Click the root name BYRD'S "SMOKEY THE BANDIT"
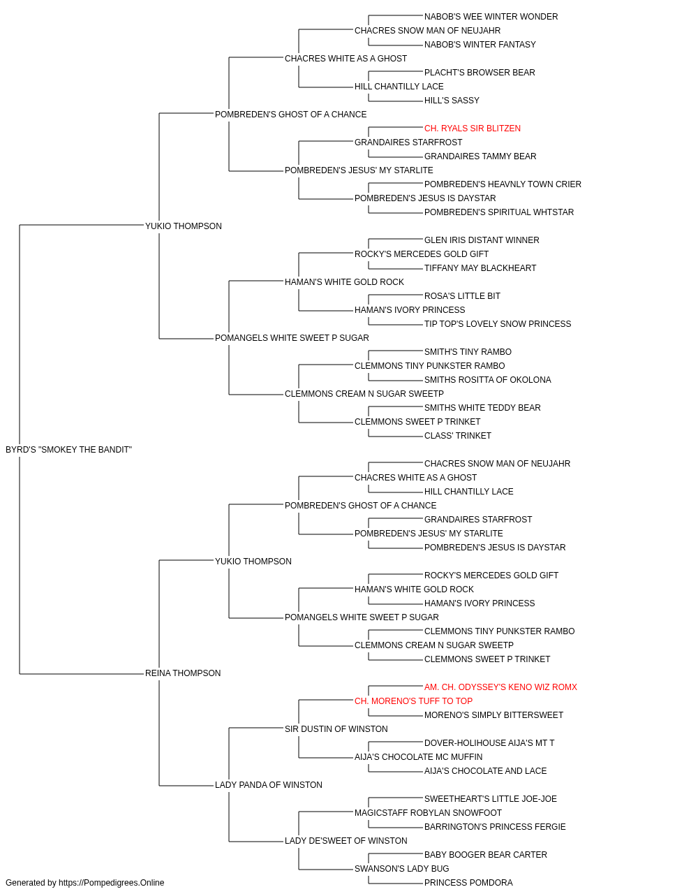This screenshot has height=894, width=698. point(68,450)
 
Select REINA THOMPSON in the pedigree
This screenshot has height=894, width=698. point(183,673)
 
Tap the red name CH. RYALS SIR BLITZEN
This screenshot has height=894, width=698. point(473,129)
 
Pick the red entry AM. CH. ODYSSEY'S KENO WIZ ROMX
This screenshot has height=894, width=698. point(500,687)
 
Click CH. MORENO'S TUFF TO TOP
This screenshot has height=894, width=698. point(413,701)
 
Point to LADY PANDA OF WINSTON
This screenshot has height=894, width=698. point(269,785)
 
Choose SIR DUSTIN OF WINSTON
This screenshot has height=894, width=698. point(336,729)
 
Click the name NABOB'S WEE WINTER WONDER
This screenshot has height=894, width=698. point(491,17)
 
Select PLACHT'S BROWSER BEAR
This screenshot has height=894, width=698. point(480,73)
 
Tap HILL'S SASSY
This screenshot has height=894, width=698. point(452,101)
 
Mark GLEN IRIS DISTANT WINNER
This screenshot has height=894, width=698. point(482,240)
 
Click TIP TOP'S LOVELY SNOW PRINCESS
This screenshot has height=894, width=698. point(498,324)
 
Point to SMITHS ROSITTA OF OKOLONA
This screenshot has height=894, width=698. point(487,380)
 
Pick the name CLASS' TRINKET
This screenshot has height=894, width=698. point(457,436)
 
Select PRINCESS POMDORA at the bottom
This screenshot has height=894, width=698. point(468,883)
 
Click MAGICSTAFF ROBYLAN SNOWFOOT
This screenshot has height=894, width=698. point(428,813)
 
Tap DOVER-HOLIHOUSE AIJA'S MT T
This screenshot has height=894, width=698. point(489,743)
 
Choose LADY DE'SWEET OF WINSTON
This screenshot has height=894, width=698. point(346,841)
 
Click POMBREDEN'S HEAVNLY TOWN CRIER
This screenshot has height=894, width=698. point(503,184)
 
